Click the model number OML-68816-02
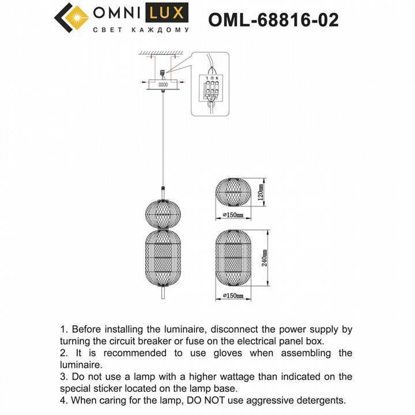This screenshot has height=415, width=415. click(x=273, y=21)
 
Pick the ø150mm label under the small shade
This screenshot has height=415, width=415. click(x=233, y=215)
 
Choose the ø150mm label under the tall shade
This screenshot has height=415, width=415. click(x=233, y=296)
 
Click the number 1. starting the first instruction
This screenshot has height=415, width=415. click(x=64, y=330)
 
